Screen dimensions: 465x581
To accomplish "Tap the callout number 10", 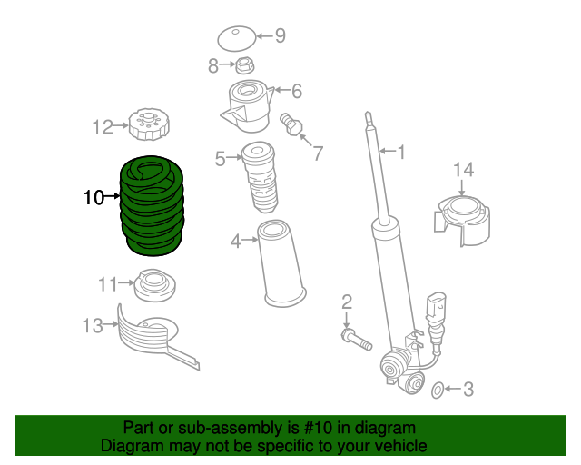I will tap(94, 196).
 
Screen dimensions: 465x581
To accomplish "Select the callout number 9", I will tap(280, 36).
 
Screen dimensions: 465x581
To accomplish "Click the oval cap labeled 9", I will tap(236, 39).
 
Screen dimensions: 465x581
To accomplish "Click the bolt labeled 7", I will tap(291, 124).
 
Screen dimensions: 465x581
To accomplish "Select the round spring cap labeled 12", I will tap(146, 124).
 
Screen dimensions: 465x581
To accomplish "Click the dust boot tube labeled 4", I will tap(281, 263).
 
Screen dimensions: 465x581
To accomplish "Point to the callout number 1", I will tap(400, 152).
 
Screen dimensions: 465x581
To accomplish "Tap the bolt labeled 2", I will tap(356, 340).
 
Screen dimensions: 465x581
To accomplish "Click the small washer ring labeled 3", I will tap(437, 391).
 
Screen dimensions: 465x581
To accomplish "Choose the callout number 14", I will tap(463, 169).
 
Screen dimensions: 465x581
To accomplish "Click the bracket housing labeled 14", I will tap(463, 223).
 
